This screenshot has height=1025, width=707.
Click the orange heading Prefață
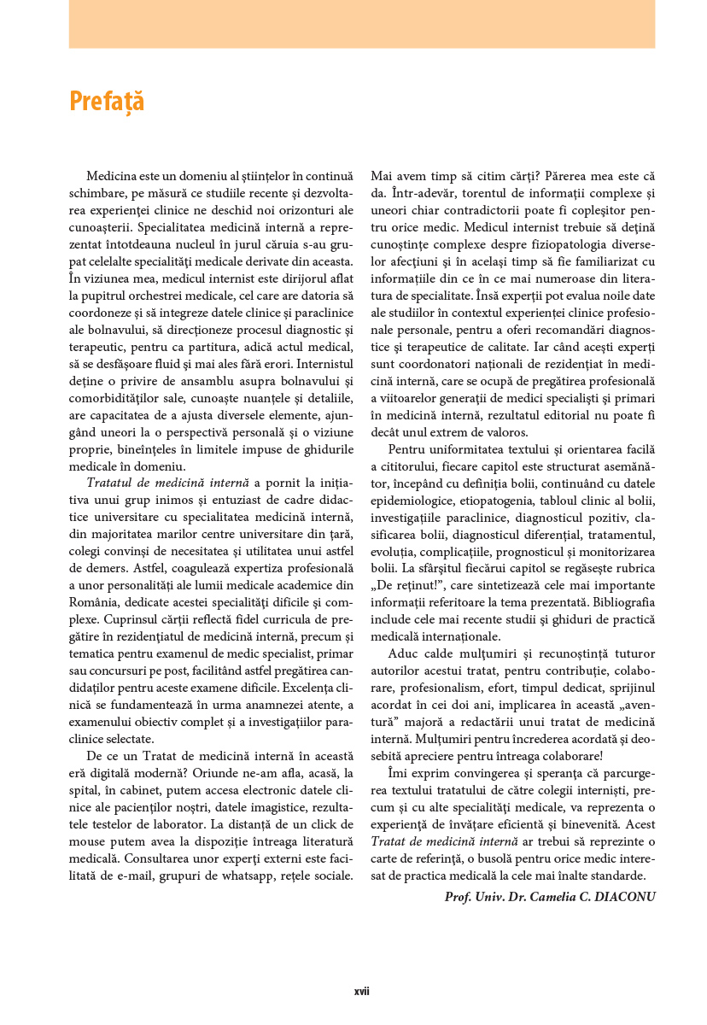click(107, 102)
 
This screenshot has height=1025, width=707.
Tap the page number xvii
click(361, 992)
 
